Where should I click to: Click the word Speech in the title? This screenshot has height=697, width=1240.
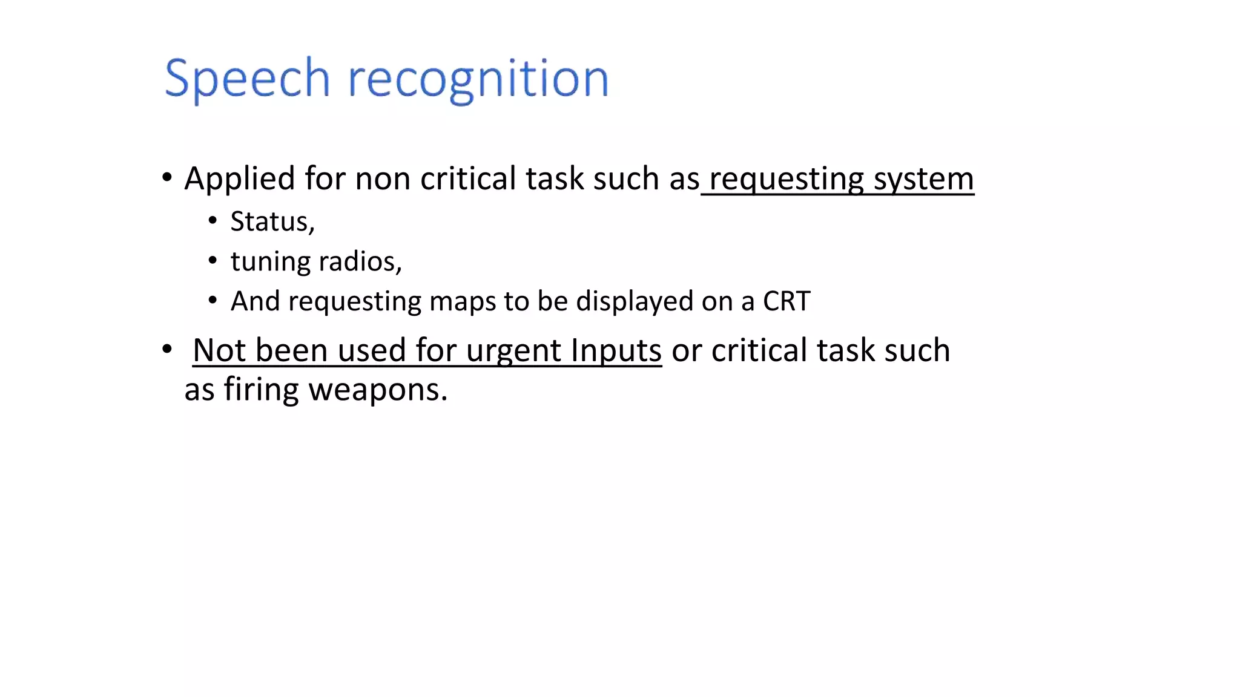pos(247,79)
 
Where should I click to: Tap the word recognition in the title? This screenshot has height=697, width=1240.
pos(478,79)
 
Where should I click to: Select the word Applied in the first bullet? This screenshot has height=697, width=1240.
pos(240,179)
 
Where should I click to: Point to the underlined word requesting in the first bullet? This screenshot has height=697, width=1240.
pos(787,179)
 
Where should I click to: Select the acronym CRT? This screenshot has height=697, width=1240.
pos(786,301)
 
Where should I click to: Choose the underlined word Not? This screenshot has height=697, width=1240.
pos(219,350)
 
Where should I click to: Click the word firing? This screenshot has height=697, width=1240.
pos(261,390)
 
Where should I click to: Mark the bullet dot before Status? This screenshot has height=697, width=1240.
pos(213,221)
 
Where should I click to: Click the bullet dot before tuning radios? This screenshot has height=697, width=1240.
pos(213,261)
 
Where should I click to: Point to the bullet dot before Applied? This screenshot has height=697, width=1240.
pos(167,178)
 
